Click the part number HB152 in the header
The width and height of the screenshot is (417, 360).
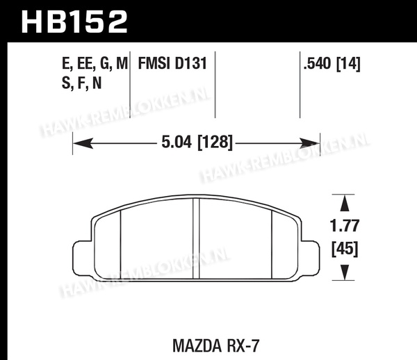74,22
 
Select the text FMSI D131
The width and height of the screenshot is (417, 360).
172,63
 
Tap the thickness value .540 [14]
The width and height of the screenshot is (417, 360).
332,64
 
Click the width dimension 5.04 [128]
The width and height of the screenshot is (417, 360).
197,142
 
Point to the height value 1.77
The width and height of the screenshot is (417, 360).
345,226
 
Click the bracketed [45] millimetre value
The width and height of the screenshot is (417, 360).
345,249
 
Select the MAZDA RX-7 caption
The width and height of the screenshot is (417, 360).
215,345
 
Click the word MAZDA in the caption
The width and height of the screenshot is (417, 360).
197,345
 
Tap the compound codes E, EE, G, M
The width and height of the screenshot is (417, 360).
95,64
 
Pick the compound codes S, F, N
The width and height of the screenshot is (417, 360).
81,83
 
